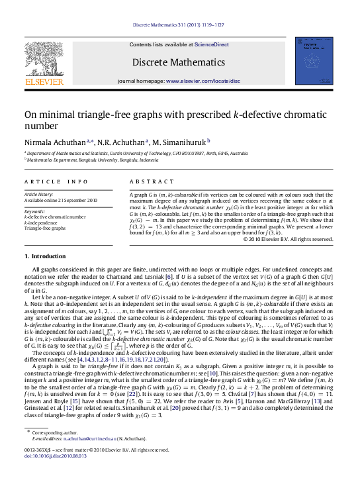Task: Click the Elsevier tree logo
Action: coord(44,60)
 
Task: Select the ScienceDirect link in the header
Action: coord(212,44)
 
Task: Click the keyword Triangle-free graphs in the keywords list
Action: coord(45,227)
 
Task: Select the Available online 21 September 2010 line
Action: coord(60,200)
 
